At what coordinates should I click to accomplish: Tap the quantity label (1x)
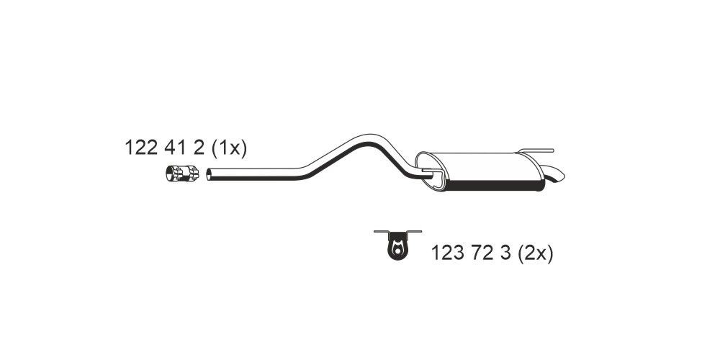tap(230, 148)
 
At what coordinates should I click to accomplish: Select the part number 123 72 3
tap(472, 253)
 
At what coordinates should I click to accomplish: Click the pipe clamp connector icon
tap(182, 174)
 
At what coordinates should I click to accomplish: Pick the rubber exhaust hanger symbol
tap(397, 246)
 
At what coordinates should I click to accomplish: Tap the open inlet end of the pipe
tap(209, 174)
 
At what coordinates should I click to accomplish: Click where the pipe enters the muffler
tap(428, 173)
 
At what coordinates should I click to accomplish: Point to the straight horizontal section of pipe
tap(252, 173)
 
